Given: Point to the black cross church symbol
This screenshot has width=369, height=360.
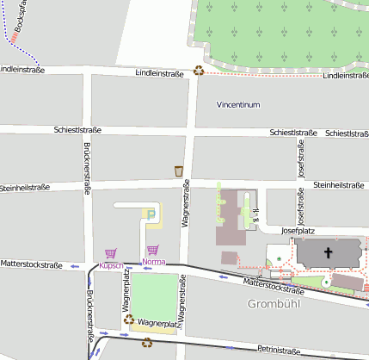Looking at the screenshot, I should pos(328,253).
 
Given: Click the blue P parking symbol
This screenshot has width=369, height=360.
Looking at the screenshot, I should pos(152,214).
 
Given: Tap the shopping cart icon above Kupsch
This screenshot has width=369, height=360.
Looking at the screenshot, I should pos(110,254).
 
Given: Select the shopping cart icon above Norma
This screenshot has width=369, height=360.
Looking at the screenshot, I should pos(152,250).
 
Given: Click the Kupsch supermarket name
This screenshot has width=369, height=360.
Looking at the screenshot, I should pos(111,265).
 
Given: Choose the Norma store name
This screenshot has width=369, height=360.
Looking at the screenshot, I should pos(154,261).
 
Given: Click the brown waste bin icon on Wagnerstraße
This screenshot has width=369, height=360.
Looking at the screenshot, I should pos(179,170).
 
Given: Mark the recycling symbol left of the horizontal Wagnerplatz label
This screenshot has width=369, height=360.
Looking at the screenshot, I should pos(129,320).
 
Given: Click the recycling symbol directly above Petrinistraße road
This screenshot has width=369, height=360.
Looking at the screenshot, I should pos(147,343).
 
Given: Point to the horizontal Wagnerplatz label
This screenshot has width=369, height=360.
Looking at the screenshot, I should pos(157,326).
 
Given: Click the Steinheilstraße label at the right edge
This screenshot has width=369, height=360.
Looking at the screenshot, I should pos(341,184).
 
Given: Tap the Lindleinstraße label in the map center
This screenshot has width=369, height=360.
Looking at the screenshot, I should pos(160,74).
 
